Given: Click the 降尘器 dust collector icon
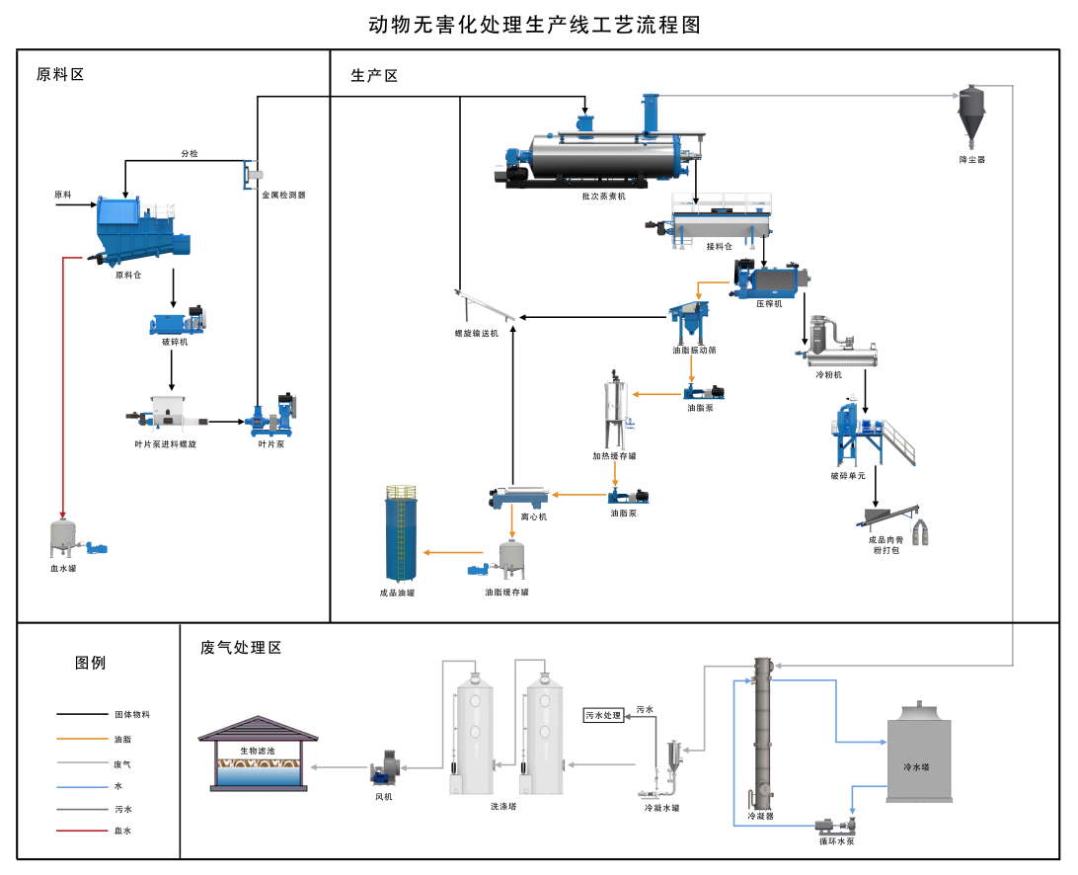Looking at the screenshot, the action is [x=971, y=116].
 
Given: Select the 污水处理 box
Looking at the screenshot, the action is [x=603, y=715].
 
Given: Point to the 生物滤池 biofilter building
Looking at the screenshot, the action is [x=258, y=754].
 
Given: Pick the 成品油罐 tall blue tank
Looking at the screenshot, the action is [x=402, y=533].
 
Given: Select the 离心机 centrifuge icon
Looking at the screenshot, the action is [x=519, y=497].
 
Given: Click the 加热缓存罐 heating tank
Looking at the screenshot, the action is [x=616, y=410].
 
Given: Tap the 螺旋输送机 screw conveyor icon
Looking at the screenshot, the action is [x=484, y=306].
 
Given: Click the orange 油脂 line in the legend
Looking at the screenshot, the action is [x=83, y=739].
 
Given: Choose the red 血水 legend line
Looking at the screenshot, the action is [x=83, y=831].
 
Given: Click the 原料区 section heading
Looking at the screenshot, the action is [x=60, y=74].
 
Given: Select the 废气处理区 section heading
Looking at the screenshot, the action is [x=241, y=647].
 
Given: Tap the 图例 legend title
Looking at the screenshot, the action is [x=90, y=663].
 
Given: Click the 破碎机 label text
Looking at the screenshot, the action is [x=175, y=342].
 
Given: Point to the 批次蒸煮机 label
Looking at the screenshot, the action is [x=603, y=197].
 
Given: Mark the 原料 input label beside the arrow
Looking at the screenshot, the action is [x=63, y=195].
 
